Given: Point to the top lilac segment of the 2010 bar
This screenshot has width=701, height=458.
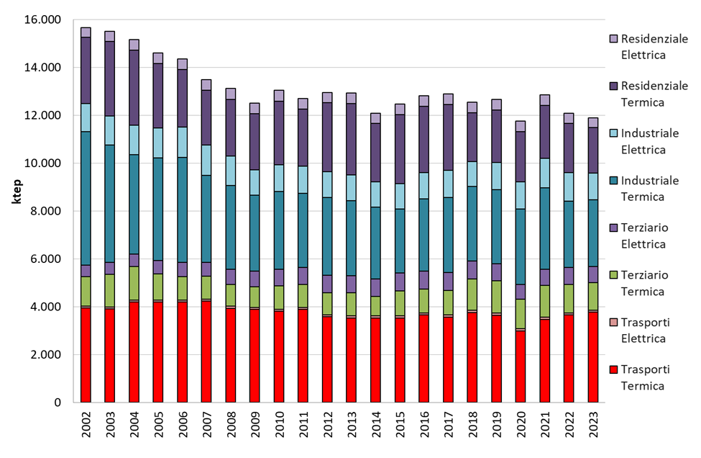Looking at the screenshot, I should point(278,96).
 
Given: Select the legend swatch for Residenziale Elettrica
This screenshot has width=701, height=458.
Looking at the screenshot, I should point(613,38).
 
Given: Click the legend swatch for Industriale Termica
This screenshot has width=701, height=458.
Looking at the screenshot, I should point(613,180).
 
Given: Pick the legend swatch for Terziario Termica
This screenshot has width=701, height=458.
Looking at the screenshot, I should point(613,274).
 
